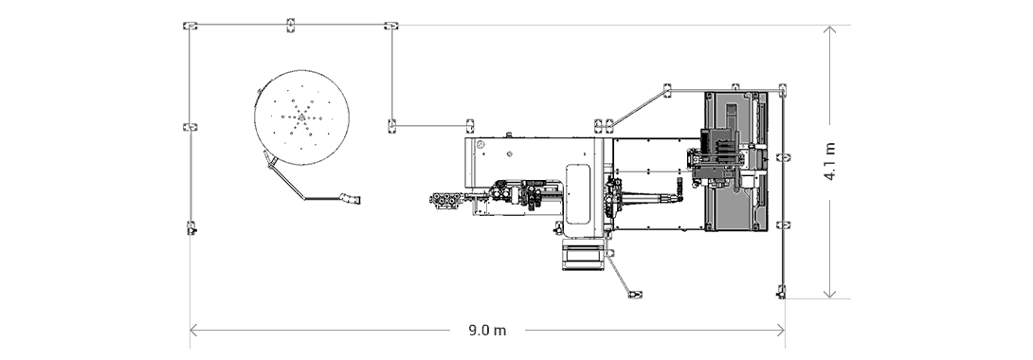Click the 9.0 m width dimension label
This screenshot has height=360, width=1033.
click(487, 331)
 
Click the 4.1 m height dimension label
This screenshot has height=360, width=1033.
click(830, 161)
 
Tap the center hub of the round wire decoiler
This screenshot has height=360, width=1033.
click(300, 117)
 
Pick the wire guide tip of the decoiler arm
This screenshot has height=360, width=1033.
click(353, 199)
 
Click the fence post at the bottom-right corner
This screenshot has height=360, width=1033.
click(782, 290)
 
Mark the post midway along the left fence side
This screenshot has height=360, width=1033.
click(190, 127)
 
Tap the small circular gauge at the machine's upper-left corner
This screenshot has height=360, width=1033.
click(480, 145)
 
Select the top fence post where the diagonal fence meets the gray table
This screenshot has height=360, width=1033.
click(666, 90)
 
